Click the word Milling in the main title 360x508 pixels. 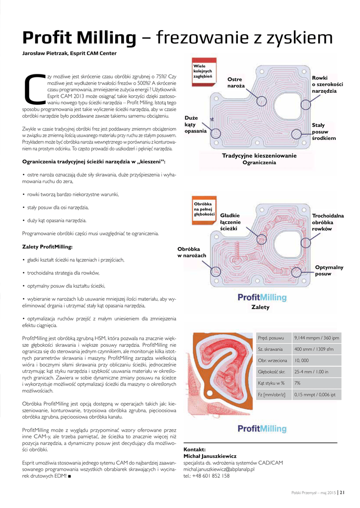click(x=106, y=38)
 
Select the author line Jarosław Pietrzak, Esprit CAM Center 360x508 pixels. click(x=70, y=53)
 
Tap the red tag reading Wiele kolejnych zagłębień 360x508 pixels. click(x=203, y=71)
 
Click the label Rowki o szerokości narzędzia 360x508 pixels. click(x=327, y=85)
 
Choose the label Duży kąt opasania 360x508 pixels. click(x=195, y=125)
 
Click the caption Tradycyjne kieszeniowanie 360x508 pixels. click(x=259, y=156)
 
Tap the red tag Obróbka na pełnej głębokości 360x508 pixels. click(x=203, y=209)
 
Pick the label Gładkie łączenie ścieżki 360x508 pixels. click(x=230, y=222)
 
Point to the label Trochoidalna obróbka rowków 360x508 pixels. click(x=328, y=222)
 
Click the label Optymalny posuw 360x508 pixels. click(x=329, y=270)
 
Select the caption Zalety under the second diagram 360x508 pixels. click(x=261, y=307)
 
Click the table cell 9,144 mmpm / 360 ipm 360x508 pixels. click(x=316, y=338)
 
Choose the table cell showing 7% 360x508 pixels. click(x=298, y=383)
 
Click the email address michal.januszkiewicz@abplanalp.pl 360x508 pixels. click(x=218, y=469)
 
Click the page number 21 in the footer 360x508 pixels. click(x=342, y=493)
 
